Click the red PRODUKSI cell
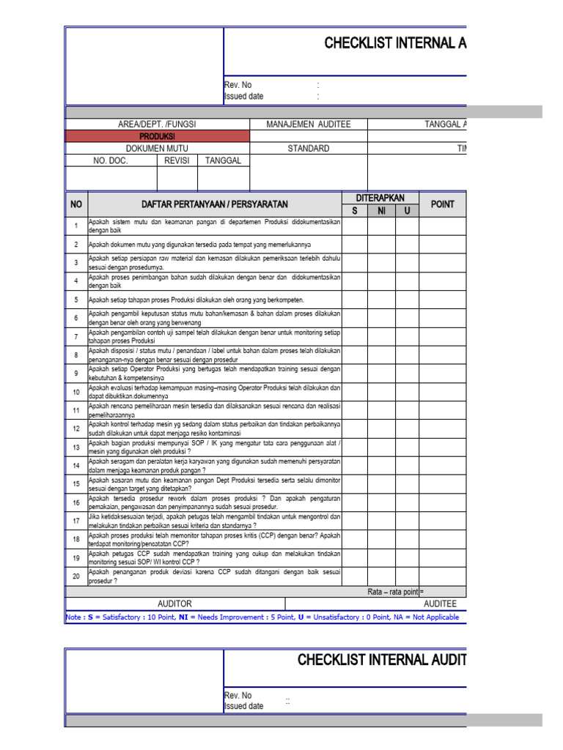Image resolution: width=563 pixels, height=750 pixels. tap(157, 136)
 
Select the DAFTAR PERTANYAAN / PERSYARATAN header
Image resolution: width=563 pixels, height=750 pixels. tap(215, 204)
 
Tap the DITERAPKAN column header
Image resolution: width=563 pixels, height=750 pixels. tap(380, 198)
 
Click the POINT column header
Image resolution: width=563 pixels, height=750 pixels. tap(442, 204)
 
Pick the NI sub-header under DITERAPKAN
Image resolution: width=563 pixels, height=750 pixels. tap(382, 211)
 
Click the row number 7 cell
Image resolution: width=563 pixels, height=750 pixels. tap(76, 336)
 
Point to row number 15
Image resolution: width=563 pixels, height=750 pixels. tap(76, 483)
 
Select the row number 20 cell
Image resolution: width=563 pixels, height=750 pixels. tap(76, 576)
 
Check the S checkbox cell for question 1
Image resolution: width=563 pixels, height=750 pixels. tap(355, 226)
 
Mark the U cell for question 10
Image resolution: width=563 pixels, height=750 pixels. tap(407, 392)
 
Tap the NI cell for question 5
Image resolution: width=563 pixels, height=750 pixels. tap(382, 300)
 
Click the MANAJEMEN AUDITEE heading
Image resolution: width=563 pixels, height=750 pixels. tap(309, 125)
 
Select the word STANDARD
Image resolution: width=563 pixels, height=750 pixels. tap(309, 149)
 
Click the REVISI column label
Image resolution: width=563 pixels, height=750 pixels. tap(177, 160)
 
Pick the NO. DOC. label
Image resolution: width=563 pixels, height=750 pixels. tap(111, 160)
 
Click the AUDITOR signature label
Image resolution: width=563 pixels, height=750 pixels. tap(174, 604)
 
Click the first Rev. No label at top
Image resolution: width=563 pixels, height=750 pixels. tap(238, 85)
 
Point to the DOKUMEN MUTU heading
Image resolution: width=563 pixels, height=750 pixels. tap(157, 149)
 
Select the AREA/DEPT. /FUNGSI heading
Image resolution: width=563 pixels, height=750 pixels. tap(157, 125)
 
